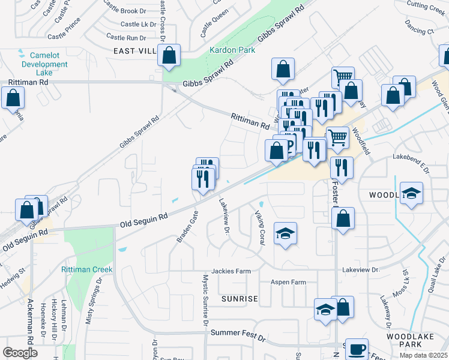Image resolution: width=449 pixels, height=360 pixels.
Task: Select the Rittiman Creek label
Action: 86,269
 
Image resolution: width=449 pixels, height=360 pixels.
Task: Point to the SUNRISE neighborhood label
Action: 239,298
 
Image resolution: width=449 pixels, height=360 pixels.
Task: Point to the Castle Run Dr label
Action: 125,38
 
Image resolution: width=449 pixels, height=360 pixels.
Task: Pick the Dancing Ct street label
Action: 419,31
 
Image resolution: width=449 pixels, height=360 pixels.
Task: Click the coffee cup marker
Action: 357,349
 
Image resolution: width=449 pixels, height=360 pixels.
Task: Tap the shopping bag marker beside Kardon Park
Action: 169,55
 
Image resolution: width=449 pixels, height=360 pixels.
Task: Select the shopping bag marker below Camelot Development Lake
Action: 13,98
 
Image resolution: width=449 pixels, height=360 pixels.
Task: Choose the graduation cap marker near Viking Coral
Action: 285,234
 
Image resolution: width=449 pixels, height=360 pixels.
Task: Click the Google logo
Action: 20,353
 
